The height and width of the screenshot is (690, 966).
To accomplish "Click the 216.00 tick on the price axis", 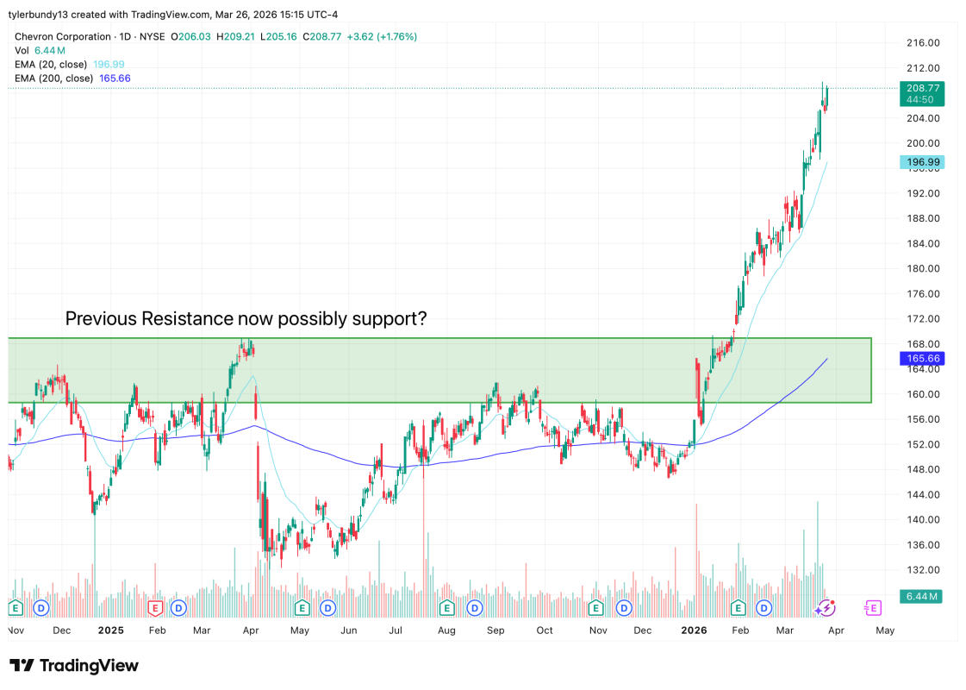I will coord(921,42).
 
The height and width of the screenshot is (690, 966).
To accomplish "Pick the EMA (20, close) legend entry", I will coord(51,65).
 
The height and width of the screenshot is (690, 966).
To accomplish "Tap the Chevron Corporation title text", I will coord(63,37).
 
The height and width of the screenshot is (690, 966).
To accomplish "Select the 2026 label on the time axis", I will coord(694,630).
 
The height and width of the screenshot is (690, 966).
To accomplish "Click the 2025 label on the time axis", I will coord(111,630).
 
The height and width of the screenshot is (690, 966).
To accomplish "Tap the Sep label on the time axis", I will coord(495,630).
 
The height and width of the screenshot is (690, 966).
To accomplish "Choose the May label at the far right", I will coord(884,630).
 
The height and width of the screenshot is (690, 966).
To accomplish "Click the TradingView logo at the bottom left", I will coord(74,666).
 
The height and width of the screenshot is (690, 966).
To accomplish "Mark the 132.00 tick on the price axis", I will coord(921,569).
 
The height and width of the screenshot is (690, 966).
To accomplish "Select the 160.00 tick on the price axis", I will coord(921,394).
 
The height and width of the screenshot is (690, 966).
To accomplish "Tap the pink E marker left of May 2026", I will coord(872,608).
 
